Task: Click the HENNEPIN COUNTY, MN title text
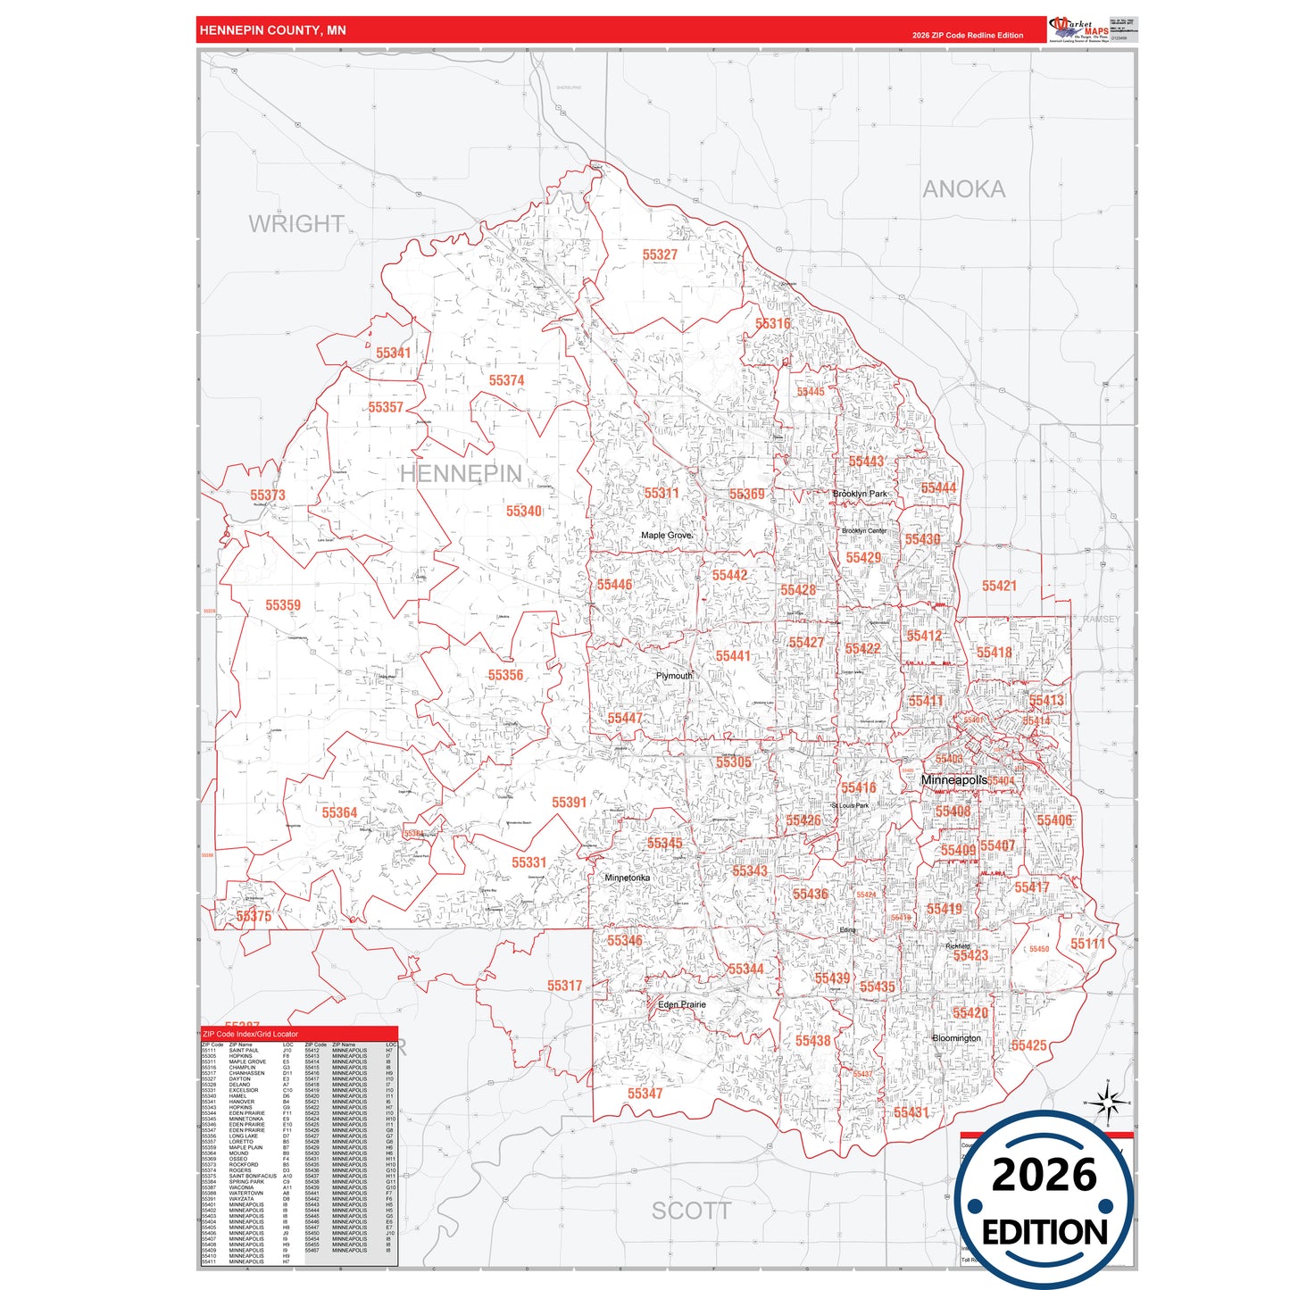(x=272, y=30)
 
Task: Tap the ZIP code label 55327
(x=660, y=255)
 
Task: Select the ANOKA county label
(x=963, y=189)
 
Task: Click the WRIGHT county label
(x=296, y=224)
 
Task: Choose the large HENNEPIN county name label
(x=461, y=474)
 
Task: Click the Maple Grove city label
(x=666, y=536)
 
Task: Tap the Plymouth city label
(x=673, y=676)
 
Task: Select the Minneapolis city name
(x=953, y=780)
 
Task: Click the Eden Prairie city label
(x=681, y=1004)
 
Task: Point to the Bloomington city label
(x=956, y=1038)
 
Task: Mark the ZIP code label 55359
(x=283, y=605)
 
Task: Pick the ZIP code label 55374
(x=506, y=380)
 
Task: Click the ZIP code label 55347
(x=645, y=1094)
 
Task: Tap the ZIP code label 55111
(x=1087, y=944)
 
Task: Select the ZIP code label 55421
(x=999, y=587)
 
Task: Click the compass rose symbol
(x=1107, y=1103)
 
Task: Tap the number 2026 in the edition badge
(x=1044, y=1175)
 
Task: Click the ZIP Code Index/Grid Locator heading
(x=250, y=1034)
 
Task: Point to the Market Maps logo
(x=1078, y=29)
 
